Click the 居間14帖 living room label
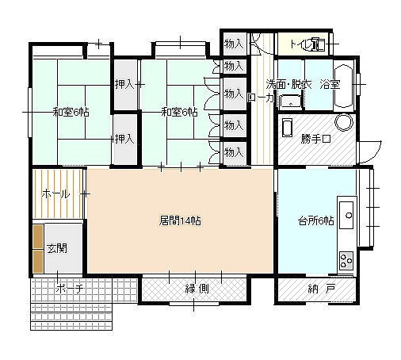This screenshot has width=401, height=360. point(180,220)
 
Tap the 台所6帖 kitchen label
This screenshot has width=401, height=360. point(316,220)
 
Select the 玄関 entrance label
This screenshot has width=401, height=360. point(57,248)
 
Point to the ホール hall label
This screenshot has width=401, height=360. point(55,194)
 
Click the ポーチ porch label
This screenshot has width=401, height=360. point(70,288)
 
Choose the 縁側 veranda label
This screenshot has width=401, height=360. point(197,289)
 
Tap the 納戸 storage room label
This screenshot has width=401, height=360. point(322,289)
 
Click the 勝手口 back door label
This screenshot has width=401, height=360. point(315,139)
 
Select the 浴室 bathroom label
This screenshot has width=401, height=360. point(330,84)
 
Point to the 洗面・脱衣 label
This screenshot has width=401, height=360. point(288,84)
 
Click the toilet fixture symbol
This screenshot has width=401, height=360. point(319,44)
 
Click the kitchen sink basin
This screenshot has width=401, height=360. point(346,215)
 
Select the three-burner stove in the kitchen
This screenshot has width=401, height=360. point(346,260)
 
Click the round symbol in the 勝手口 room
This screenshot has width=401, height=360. point(344,122)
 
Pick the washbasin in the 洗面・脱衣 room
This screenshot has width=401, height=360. point(291,101)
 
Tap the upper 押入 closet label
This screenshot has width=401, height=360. point(124,84)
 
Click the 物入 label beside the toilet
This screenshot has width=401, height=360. point(234,44)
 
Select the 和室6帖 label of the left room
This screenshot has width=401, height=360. point(71,113)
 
